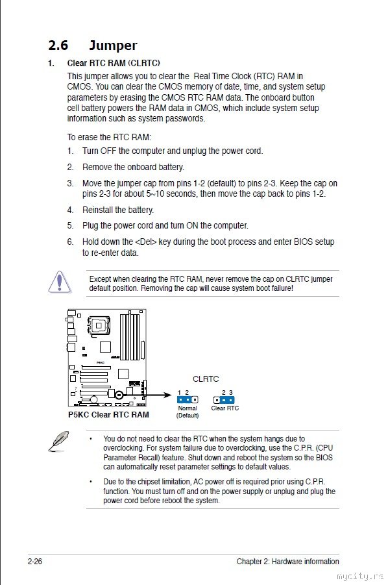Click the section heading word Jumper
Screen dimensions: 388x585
tap(113, 45)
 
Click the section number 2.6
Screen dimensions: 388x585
tap(58, 45)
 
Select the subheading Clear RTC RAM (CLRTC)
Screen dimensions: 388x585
tap(114, 63)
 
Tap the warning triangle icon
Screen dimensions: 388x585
tap(59, 282)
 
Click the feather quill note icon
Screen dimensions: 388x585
tap(59, 441)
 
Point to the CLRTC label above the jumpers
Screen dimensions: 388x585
tap(206, 379)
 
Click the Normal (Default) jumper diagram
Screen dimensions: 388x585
tap(187, 400)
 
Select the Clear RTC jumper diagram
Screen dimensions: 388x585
tap(224, 400)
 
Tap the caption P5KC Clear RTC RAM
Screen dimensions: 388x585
tap(108, 414)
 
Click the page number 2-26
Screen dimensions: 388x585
tap(34, 561)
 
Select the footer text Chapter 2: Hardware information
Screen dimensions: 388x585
tap(287, 562)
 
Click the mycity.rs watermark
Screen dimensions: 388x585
tap(360, 577)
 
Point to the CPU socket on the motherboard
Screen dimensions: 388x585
tap(99, 326)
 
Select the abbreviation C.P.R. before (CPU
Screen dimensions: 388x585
tap(304, 448)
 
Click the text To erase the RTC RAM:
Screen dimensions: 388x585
tap(109, 137)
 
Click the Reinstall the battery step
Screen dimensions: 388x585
tap(118, 210)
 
